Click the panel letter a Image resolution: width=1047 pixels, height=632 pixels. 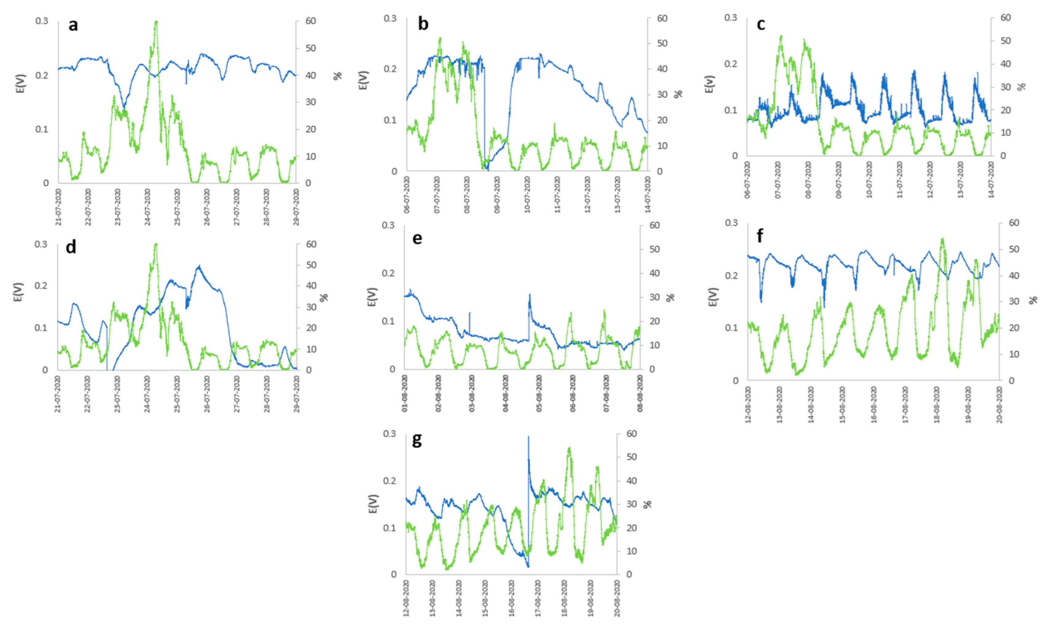coord(73,25)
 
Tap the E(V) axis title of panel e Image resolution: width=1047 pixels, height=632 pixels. coord(371,297)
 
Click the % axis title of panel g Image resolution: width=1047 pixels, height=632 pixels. coord(647,504)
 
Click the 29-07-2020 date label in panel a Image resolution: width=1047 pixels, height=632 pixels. coord(296,207)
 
